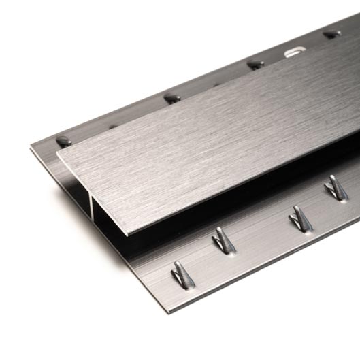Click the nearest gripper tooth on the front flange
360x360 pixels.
click(x=182, y=275)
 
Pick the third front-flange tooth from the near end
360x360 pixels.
click(x=300, y=219)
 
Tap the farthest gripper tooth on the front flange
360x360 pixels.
click(x=336, y=188)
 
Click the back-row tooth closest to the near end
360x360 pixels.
click(x=64, y=142)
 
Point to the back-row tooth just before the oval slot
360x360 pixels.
click(x=255, y=65)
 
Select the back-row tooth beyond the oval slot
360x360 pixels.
click(x=331, y=33)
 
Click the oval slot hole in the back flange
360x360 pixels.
click(x=294, y=51)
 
